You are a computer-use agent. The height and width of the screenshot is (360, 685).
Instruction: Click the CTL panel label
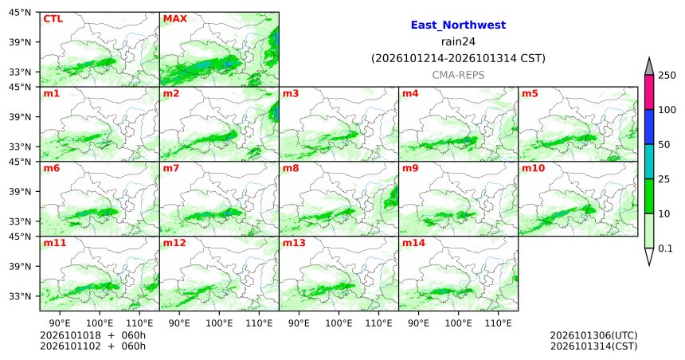(x=53, y=19)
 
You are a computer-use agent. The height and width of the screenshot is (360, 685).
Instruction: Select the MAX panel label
(x=174, y=19)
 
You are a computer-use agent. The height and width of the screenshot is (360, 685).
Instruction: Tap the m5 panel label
(x=530, y=93)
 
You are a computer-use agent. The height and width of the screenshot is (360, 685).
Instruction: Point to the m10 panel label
(x=533, y=168)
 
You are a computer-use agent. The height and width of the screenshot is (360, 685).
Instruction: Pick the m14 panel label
(x=413, y=243)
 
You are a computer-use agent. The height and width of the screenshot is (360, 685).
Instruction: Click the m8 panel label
(x=291, y=168)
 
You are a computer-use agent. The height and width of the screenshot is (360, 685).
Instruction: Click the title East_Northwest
(x=458, y=25)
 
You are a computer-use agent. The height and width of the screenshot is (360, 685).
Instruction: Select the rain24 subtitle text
(x=458, y=42)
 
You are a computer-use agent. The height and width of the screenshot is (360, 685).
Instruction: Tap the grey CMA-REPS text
(x=458, y=75)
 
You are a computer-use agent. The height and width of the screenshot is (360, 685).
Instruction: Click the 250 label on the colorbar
(x=667, y=76)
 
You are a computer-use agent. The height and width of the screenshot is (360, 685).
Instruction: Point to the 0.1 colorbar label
(x=665, y=248)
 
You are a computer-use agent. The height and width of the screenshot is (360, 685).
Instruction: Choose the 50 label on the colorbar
(x=664, y=145)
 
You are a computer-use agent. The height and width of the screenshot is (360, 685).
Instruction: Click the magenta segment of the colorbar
(x=649, y=92)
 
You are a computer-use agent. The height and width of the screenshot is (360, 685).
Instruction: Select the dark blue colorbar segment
(x=649, y=127)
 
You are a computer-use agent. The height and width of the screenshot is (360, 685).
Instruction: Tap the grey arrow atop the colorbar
(x=649, y=66)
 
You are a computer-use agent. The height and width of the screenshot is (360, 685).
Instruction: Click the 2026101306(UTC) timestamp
(x=593, y=335)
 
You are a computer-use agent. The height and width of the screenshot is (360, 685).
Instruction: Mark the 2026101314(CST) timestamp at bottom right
(x=593, y=346)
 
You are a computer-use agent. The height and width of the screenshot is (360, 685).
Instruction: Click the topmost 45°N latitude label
(x=20, y=13)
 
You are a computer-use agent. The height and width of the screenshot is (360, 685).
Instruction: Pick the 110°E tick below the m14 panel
(x=499, y=323)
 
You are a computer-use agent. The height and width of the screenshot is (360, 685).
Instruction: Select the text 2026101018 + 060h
(x=92, y=335)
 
